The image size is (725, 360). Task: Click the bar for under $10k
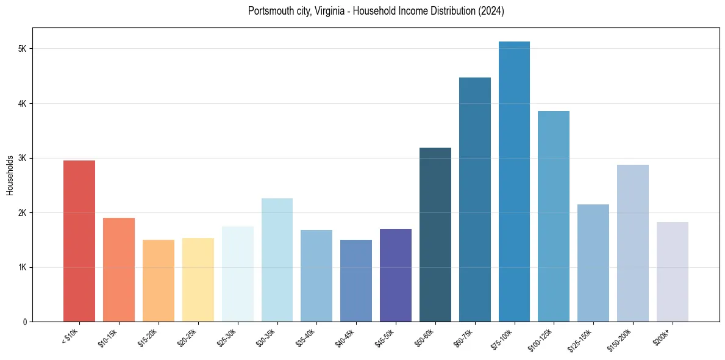coord(79,241)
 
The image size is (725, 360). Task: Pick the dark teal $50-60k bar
coord(435,235)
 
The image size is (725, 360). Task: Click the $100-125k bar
coord(554,217)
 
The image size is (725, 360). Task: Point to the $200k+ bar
coord(672,272)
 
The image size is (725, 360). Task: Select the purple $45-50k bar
coord(396,275)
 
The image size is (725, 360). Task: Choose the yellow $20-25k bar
coord(198,280)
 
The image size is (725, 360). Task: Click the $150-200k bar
coord(632,243)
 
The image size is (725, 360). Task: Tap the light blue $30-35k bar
coord(277,260)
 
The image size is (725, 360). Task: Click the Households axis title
coord(10,175)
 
